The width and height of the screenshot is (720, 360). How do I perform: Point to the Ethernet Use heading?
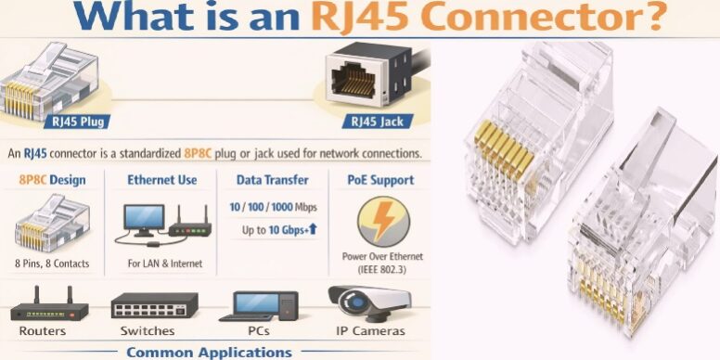pos(161,179)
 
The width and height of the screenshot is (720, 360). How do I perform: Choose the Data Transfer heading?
pos(272,179)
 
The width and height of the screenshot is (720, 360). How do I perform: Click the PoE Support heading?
pos(380,179)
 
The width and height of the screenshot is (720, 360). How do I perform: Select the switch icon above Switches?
pos(154,305)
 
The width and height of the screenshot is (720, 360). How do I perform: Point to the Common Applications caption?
pos(209,352)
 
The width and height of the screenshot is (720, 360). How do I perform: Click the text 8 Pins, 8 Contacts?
pos(52,264)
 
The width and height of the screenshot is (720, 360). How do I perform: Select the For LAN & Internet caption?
pos(162,264)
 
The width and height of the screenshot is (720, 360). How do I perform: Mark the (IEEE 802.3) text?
pos(380,269)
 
